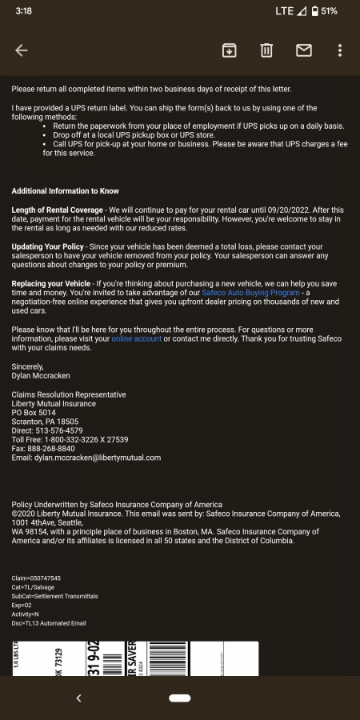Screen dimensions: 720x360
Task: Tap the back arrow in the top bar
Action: click(x=22, y=50)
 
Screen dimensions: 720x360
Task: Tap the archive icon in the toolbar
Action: click(x=229, y=50)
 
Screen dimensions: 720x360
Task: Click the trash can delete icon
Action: click(x=266, y=50)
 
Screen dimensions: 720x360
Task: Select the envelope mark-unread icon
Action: click(x=304, y=50)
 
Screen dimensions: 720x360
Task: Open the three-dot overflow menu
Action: click(x=340, y=50)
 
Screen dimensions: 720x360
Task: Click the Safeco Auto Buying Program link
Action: click(x=250, y=293)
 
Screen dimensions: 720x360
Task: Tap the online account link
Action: click(x=137, y=339)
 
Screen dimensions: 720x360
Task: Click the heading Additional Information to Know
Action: click(x=65, y=191)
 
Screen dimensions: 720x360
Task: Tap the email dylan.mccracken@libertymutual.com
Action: click(x=97, y=458)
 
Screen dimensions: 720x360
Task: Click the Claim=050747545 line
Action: click(x=36, y=578)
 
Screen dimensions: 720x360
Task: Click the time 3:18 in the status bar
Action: click(x=22, y=11)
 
